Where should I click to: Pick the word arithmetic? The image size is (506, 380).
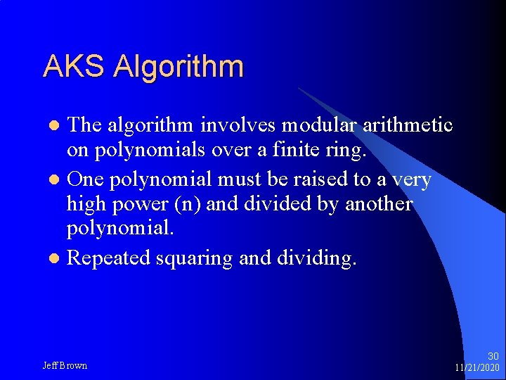pyautogui.click(x=410, y=125)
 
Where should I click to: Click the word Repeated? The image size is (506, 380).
pyautogui.click(x=108, y=258)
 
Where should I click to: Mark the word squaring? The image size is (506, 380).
pyautogui.click(x=193, y=259)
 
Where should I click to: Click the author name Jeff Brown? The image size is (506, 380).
pyautogui.click(x=65, y=366)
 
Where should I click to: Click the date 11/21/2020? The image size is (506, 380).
pyautogui.click(x=476, y=368)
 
